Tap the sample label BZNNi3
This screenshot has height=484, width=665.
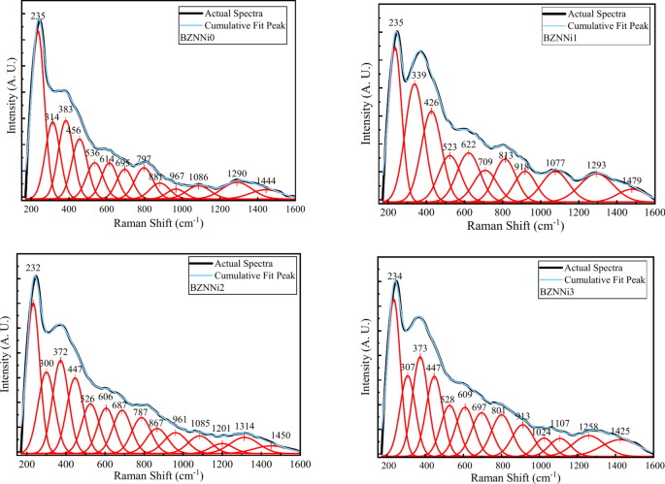[560, 291]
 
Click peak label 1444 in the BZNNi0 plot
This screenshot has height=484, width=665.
[269, 181]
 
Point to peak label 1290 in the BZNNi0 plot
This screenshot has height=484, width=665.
[238, 174]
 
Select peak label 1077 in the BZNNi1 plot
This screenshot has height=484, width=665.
[554, 163]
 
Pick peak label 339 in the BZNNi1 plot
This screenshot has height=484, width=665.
[418, 75]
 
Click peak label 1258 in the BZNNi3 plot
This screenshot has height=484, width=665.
[589, 427]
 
